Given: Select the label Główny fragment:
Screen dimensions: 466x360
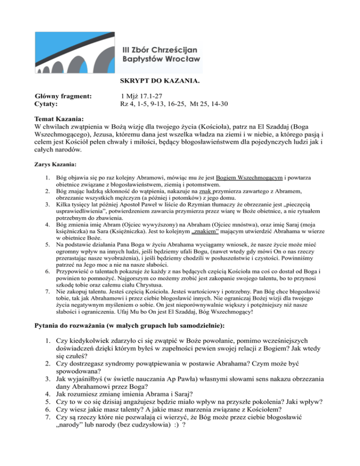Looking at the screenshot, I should coord(63,96).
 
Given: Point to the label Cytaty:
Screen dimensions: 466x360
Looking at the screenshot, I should coord(48,104).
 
